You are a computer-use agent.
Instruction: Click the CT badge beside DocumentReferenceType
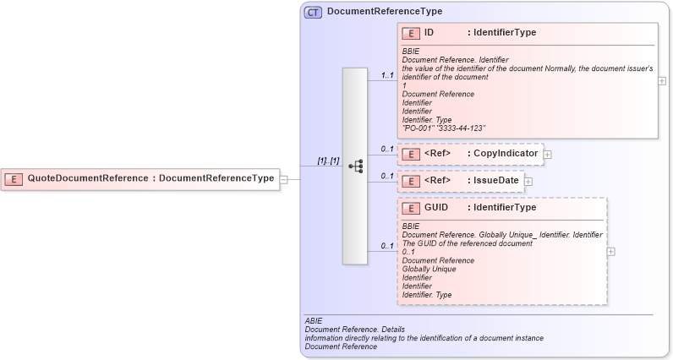tap(313, 12)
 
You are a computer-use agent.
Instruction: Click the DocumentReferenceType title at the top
tap(384, 12)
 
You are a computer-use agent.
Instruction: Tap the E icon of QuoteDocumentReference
tap(14, 178)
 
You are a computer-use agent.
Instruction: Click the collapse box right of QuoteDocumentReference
tap(284, 179)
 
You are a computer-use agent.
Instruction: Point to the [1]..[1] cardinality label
tap(328, 161)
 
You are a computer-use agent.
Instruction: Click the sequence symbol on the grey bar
tap(355, 166)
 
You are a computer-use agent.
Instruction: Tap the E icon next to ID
tap(412, 33)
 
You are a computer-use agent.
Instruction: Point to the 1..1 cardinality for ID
tap(387, 75)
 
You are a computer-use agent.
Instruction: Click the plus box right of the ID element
tap(661, 81)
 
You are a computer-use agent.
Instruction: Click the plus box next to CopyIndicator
tap(548, 155)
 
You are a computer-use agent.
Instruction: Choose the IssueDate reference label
tap(495, 180)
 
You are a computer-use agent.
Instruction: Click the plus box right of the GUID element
tap(611, 251)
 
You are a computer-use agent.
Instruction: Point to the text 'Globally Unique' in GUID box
tap(429, 270)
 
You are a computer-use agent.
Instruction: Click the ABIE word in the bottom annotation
tap(315, 321)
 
